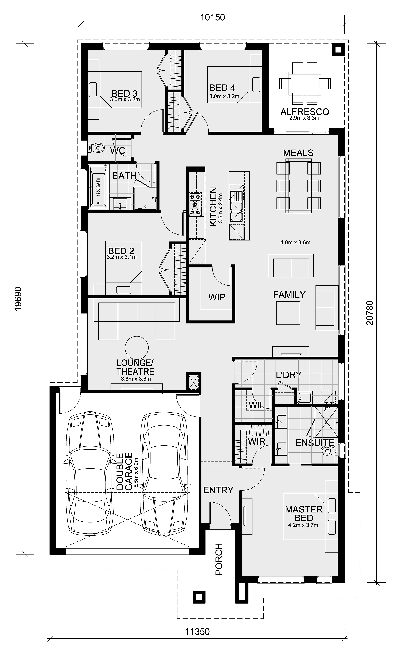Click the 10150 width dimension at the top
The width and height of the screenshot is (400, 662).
(x=212, y=17)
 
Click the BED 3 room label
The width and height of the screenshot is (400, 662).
(x=124, y=93)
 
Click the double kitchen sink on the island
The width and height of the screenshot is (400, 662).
(x=236, y=207)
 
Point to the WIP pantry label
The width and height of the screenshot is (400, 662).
(x=217, y=297)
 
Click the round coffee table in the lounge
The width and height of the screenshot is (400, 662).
(x=136, y=348)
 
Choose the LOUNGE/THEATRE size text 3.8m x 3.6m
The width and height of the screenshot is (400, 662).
(x=136, y=379)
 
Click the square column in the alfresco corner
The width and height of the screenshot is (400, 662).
(x=338, y=50)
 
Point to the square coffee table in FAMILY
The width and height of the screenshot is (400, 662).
(x=288, y=313)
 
